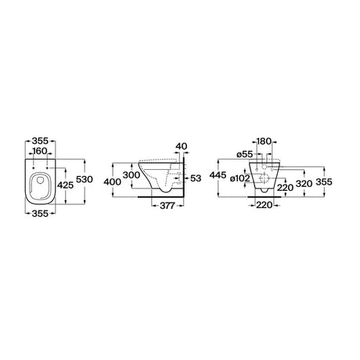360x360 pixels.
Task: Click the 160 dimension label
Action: [x=40, y=151]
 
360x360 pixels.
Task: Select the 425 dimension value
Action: [x=65, y=185]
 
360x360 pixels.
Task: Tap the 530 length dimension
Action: [x=85, y=179]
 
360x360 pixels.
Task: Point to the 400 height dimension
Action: [x=113, y=182]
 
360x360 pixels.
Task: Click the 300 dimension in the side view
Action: [x=131, y=175]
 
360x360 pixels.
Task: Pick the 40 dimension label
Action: [x=182, y=146]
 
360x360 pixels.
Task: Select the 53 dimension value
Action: [x=196, y=178]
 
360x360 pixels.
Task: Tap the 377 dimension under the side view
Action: [x=167, y=206]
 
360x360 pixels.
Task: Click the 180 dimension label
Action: [x=265, y=142]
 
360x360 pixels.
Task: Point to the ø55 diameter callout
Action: [x=245, y=154]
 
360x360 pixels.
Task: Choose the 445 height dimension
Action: [x=218, y=175]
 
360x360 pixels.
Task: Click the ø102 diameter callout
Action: [x=240, y=178]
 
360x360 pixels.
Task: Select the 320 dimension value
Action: [x=304, y=184]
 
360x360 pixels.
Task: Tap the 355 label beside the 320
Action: [x=324, y=182]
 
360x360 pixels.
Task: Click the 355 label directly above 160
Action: [x=40, y=141]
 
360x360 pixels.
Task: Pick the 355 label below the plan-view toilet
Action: [x=40, y=214]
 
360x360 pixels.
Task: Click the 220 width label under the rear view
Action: [x=264, y=205]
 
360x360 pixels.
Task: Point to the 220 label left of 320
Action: [x=285, y=188]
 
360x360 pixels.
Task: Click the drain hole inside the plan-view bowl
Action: [x=41, y=180]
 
